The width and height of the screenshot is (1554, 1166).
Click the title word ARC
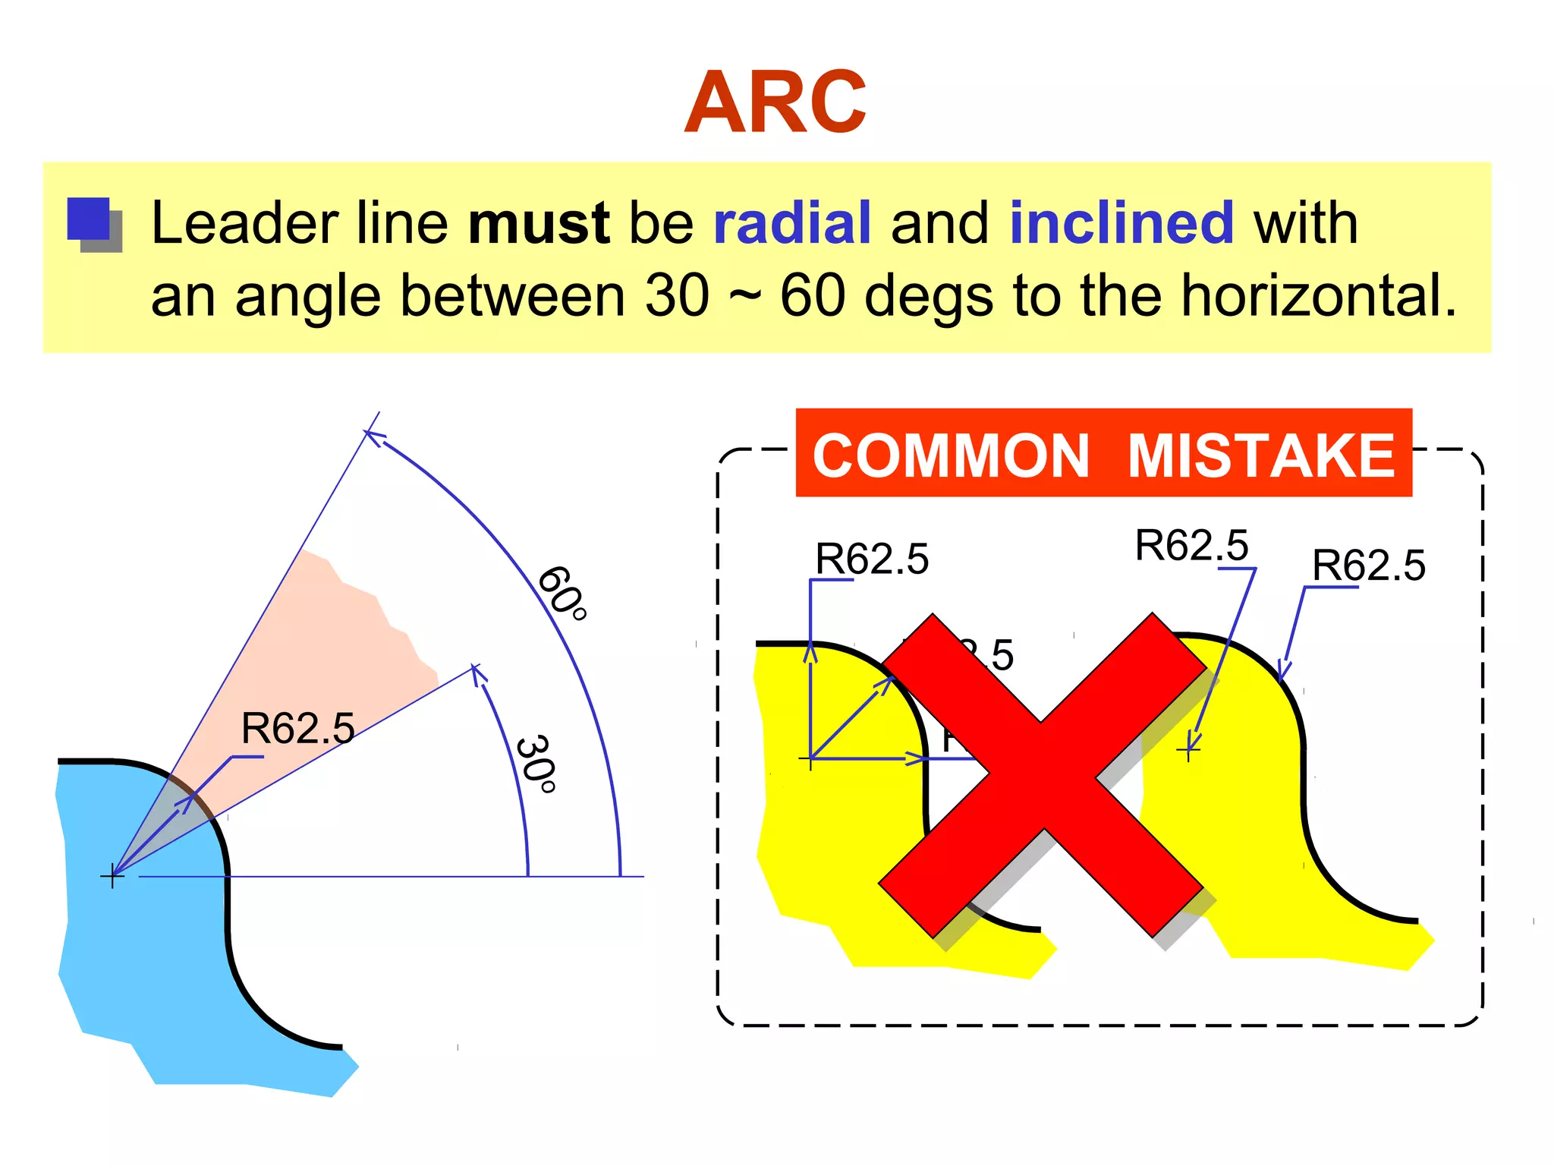[775, 103]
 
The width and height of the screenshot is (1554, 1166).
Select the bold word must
[539, 223]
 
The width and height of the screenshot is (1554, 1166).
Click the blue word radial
[791, 223]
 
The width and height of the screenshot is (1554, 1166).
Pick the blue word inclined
[1121, 223]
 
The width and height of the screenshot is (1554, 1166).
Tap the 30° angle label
[536, 764]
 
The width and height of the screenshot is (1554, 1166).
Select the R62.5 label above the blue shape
[297, 729]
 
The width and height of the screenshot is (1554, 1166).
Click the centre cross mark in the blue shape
[112, 876]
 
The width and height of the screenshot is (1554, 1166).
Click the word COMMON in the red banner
[951, 455]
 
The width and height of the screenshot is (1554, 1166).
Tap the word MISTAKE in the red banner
[1260, 455]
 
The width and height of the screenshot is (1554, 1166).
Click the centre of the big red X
[1042, 775]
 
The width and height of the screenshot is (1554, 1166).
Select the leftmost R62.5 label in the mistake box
[872, 559]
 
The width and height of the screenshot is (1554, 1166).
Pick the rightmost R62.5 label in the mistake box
[1369, 566]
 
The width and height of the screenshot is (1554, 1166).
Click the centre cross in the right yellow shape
[1188, 751]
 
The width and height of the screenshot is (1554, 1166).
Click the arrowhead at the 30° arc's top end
[476, 671]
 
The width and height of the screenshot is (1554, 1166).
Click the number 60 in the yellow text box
[812, 296]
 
